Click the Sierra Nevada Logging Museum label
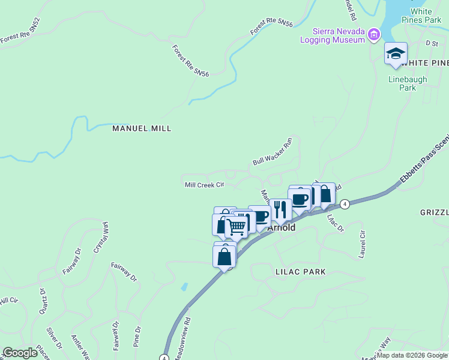[x=338, y=35]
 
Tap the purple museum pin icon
[x=375, y=35]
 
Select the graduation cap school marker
[x=396, y=53]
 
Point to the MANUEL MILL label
[x=142, y=128]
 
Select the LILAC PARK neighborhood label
[x=300, y=272]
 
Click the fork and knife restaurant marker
[x=280, y=209]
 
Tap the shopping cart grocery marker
[x=237, y=226]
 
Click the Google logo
[x=20, y=353]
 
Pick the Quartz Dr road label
[x=43, y=300]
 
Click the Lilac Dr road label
[x=335, y=224]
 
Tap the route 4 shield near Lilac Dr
[x=345, y=204]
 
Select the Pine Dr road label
[x=138, y=337]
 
